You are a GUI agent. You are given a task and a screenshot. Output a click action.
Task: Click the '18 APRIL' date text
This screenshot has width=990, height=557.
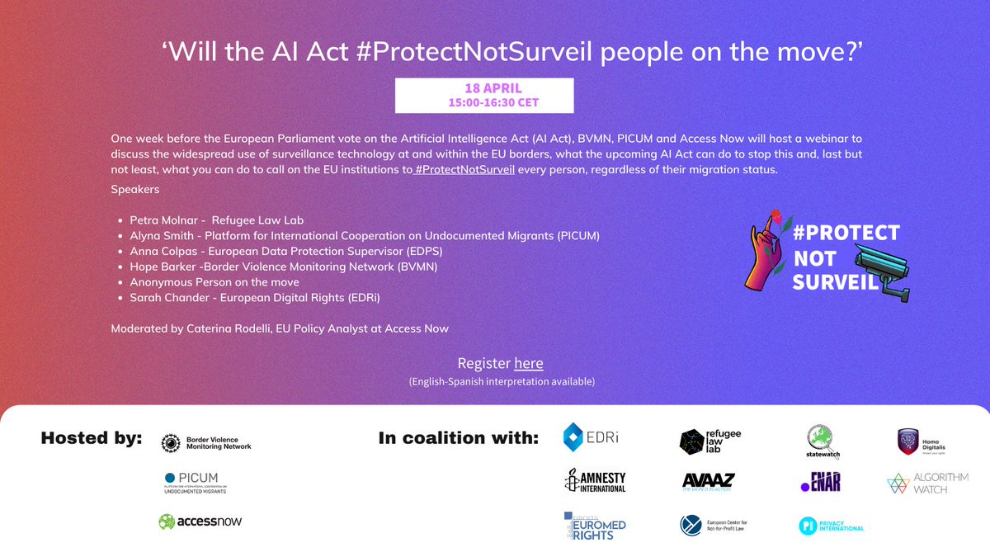tap(484, 88)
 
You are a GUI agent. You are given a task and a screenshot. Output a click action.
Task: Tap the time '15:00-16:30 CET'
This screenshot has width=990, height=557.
tap(484, 103)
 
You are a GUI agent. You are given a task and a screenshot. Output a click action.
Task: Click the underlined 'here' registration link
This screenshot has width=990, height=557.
tap(529, 363)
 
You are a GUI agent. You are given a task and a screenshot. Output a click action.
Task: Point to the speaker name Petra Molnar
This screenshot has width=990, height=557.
tap(167, 220)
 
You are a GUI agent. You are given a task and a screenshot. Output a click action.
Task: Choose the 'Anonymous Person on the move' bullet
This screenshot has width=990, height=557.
tap(214, 282)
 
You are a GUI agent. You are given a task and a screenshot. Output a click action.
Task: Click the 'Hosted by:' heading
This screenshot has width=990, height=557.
tap(92, 438)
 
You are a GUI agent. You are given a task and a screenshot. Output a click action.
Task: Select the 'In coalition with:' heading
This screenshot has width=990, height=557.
tap(458, 438)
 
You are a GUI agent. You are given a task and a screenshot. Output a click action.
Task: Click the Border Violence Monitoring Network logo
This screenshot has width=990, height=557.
tap(206, 442)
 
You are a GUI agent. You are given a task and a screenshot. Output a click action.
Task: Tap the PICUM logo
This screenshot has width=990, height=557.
tap(195, 483)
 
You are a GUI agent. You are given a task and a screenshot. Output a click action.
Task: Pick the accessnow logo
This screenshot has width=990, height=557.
tap(200, 522)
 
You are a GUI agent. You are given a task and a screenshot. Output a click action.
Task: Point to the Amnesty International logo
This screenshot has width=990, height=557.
tap(595, 481)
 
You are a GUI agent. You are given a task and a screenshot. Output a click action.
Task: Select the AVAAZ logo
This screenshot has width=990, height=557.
tap(709, 482)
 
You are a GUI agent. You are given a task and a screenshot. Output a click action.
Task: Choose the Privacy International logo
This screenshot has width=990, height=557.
tap(831, 526)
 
